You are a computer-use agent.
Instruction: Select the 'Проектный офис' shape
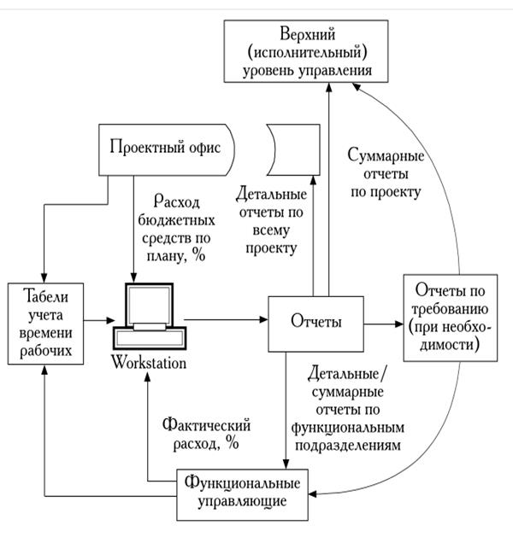pos(165,148)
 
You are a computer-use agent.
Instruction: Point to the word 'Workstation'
pos(149,363)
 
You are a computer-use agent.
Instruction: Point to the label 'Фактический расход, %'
pos(200,433)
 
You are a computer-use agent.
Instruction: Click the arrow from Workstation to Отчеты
pos(225,321)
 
